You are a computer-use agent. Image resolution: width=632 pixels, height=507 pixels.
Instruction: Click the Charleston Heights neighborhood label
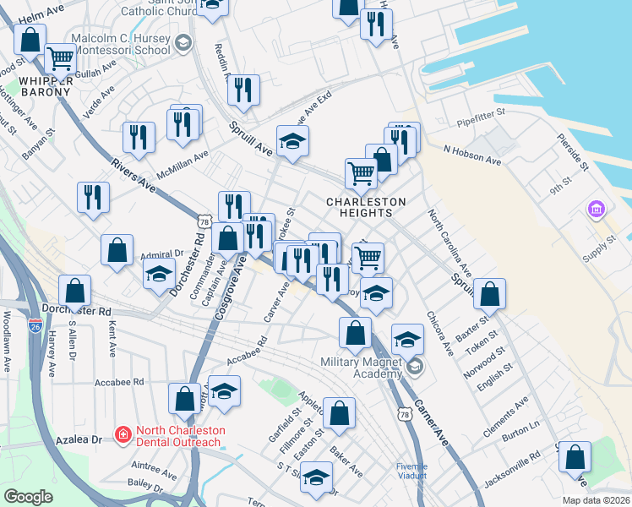[x=368, y=207]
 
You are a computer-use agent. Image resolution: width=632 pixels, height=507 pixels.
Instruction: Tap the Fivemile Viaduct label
[x=412, y=471]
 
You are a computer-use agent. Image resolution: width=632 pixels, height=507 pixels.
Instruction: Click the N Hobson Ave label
[x=472, y=160]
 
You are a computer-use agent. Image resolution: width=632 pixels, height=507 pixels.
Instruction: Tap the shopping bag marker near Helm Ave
[x=30, y=39]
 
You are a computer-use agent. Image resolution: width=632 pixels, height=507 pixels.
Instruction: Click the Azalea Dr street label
[x=85, y=440]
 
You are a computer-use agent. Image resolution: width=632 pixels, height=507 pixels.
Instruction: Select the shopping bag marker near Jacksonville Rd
[x=575, y=458]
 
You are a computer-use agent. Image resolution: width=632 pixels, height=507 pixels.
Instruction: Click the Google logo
[x=28, y=496]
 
